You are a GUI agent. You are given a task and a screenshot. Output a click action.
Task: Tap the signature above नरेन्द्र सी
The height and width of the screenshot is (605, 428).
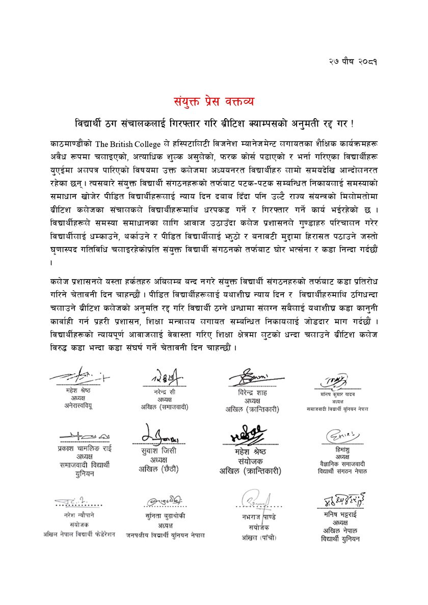[167, 378]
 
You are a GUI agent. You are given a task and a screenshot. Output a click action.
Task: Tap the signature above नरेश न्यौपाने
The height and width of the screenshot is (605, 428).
[76, 503]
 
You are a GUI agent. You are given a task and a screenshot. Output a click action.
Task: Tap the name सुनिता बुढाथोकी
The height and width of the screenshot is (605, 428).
[165, 516]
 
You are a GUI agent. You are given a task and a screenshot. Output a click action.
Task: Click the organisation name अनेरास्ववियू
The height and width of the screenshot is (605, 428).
[78, 406]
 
